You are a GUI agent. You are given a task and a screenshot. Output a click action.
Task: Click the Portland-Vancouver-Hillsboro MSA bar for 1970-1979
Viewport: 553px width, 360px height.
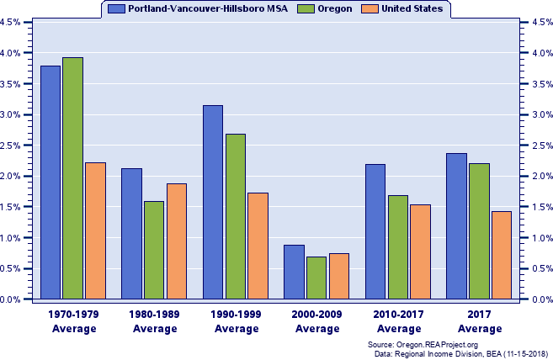pos(51,183)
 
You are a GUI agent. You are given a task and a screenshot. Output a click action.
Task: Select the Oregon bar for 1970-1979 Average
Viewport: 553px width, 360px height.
pos(73,178)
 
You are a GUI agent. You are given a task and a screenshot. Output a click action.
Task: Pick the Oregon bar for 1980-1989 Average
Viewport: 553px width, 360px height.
pos(154,250)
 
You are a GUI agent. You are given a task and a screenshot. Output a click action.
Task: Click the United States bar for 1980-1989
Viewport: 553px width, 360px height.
pos(177,241)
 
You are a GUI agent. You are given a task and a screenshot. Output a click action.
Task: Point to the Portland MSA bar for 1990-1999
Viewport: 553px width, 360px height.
pos(213,202)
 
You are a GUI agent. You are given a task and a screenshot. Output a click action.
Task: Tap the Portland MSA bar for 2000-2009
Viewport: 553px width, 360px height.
pos(294,272)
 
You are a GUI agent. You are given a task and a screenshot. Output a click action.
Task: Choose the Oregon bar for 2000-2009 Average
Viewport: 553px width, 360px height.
pos(316,278)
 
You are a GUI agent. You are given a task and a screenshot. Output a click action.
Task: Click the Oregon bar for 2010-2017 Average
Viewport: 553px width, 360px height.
pos(398,247)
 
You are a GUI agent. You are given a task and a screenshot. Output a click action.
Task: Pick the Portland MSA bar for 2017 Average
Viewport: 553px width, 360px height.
pos(456,226)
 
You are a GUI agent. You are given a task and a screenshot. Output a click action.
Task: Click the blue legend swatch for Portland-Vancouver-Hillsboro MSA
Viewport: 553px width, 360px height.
pos(116,8)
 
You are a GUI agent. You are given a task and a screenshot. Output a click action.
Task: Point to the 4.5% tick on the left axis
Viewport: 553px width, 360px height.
pos(12,23)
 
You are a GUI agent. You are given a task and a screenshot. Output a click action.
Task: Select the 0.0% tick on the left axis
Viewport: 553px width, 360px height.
pos(12,299)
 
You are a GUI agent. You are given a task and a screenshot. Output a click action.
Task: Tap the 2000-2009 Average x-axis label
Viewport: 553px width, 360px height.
pos(317,321)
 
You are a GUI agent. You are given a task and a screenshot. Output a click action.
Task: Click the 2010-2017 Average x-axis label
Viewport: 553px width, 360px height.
pos(398,321)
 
